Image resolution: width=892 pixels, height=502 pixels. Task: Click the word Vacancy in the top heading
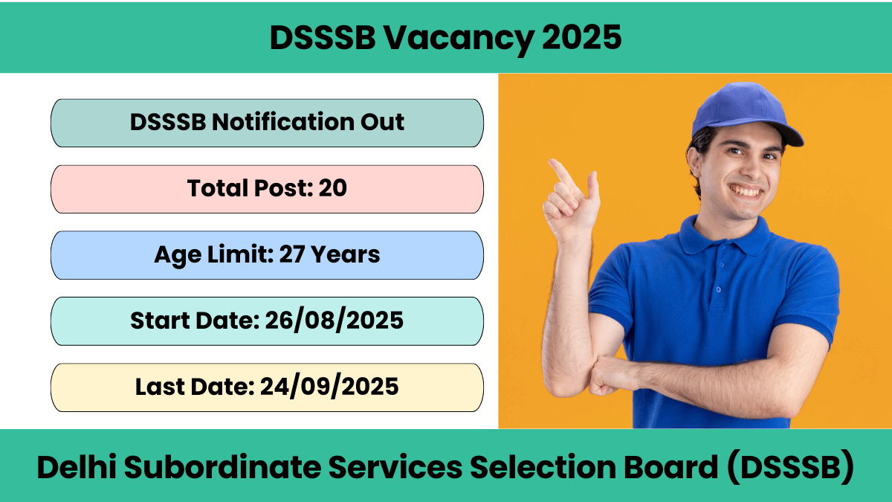[459, 39]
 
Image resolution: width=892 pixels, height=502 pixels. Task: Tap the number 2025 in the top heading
[581, 37]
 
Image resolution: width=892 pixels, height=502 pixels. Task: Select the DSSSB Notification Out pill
[267, 123]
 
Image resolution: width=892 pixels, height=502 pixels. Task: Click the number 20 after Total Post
[332, 188]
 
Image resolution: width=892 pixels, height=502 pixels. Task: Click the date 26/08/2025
[334, 321]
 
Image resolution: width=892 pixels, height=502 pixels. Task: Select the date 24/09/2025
[329, 387]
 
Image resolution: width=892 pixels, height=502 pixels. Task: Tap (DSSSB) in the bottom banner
[790, 467]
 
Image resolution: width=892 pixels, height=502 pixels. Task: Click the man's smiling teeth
[746, 192]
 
